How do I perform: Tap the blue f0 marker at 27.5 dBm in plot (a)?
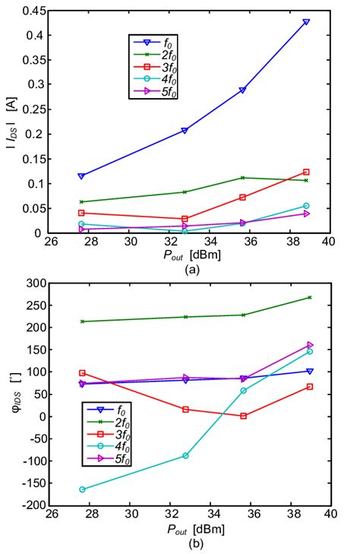pyautogui.click(x=81, y=176)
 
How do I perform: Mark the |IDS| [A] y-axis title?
pyautogui.click(x=10, y=122)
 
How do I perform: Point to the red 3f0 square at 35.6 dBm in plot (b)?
pyautogui.click(x=243, y=416)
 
